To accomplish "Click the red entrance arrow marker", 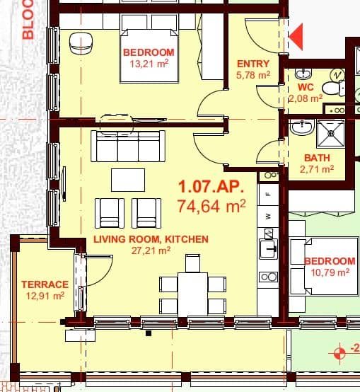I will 296,36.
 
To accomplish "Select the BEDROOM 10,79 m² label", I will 330,266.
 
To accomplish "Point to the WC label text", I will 306,87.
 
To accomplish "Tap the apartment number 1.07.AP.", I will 211,188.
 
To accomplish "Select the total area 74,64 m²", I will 211,206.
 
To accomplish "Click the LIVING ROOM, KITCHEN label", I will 151,239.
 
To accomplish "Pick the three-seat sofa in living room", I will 129,147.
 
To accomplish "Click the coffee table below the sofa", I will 128,179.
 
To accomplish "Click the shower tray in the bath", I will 329,132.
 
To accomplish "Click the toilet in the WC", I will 331,87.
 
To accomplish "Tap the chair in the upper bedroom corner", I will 81,43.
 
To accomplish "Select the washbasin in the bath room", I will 301,127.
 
